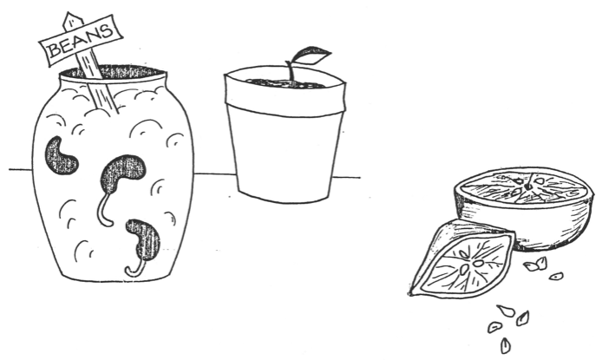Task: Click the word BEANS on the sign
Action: click(x=81, y=40)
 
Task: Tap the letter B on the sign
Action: click(x=54, y=50)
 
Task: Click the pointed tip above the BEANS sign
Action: click(x=70, y=13)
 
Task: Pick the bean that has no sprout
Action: click(x=60, y=155)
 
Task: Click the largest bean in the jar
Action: click(x=123, y=173)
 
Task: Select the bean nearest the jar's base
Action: click(x=144, y=240)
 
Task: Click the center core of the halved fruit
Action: click(x=528, y=187)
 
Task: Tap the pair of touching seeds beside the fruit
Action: click(x=536, y=264)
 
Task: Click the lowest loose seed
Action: click(x=506, y=345)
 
